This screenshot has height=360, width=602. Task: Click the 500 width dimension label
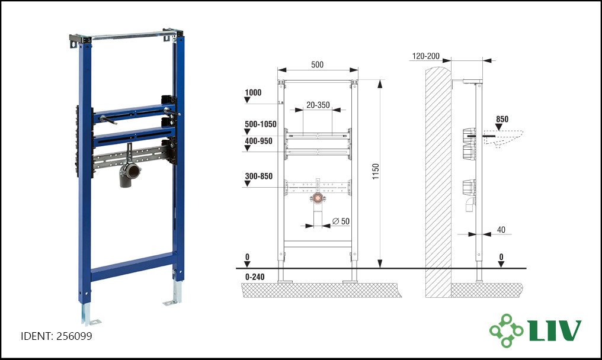(317, 65)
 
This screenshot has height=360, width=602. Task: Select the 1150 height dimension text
(376, 171)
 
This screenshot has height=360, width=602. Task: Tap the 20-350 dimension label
(318, 105)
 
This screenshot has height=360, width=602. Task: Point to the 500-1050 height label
(260, 124)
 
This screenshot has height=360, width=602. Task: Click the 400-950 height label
(258, 141)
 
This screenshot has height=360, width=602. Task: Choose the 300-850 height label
(258, 176)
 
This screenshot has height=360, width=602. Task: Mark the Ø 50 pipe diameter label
(341, 221)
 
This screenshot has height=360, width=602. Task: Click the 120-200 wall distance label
(426, 56)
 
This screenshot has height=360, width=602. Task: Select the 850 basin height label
(502, 119)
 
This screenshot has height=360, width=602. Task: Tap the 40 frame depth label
(501, 230)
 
